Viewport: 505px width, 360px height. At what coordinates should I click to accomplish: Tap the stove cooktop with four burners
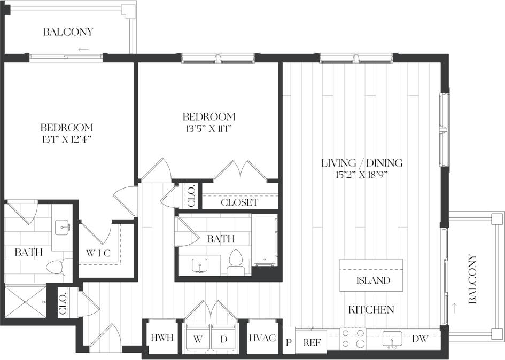[353, 339]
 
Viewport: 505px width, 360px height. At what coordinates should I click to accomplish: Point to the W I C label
[98, 253]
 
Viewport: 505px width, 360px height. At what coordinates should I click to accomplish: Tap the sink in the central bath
[200, 264]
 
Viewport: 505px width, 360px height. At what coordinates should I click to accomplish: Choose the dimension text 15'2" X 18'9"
[362, 175]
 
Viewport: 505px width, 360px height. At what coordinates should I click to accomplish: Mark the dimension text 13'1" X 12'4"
[67, 139]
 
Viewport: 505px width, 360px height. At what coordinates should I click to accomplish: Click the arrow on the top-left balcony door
[83, 50]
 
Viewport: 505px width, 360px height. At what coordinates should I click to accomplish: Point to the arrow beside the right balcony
[454, 308]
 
